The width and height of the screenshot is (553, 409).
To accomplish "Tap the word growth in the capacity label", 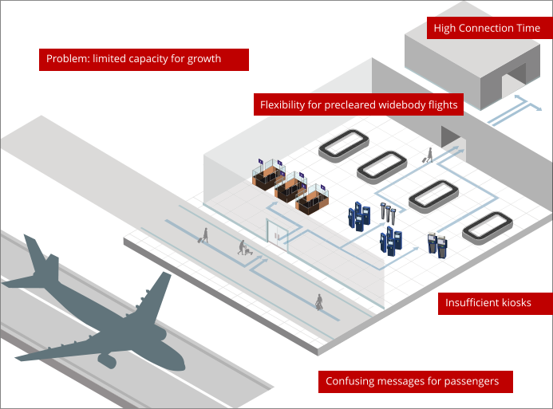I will (x=204, y=59).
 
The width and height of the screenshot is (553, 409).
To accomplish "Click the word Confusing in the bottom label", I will (x=349, y=381).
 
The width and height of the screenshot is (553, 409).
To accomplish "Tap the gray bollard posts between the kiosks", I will (x=389, y=213).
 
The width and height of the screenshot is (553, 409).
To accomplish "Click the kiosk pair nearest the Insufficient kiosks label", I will (x=436, y=243).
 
